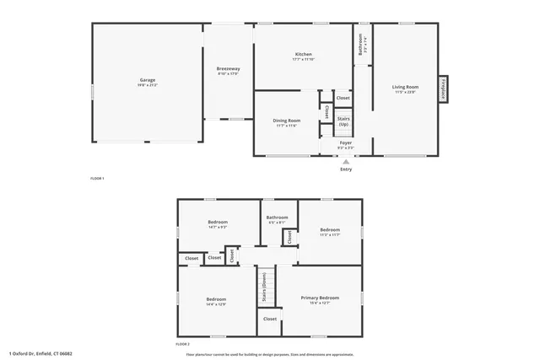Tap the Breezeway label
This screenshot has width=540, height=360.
229,68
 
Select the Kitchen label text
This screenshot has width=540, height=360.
302,55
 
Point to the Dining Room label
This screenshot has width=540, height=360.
286,121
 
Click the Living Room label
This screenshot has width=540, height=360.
405,87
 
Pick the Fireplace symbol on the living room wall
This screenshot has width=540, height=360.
442,89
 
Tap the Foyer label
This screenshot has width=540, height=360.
345,142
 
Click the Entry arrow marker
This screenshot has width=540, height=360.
345,159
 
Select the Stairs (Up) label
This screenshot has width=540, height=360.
343,121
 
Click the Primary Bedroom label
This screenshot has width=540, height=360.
321,298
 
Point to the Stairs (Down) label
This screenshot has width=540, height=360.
265,287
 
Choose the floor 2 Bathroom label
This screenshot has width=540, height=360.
277,218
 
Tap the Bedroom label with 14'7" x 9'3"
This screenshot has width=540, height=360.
218,223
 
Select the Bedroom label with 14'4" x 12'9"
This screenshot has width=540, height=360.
216,299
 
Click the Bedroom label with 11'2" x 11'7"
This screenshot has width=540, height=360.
330,229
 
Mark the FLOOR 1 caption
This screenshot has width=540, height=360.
98,179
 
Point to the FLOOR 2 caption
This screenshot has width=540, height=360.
182,345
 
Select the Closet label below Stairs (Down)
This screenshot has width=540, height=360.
270,319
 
